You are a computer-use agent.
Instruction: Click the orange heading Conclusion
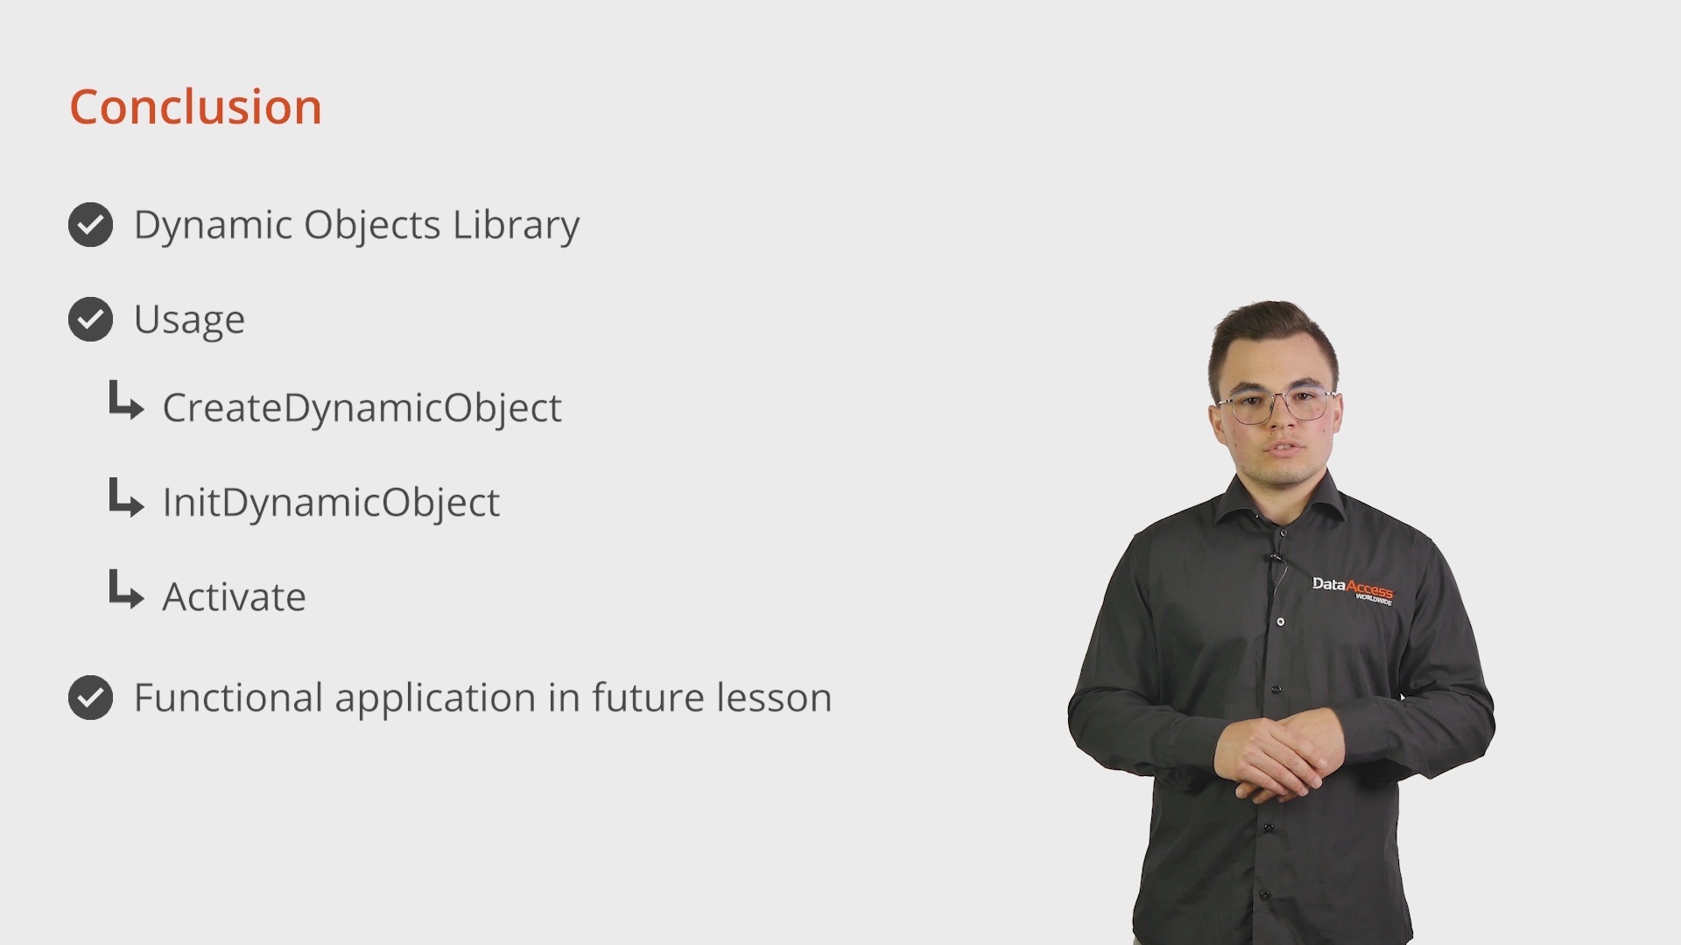point(195,108)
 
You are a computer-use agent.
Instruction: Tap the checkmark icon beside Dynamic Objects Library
point(90,225)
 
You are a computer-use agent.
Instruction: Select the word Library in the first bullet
point(516,226)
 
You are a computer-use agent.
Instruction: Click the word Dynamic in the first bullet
point(213,226)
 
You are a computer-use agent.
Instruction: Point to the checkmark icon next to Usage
point(90,320)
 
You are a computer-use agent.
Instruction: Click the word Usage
point(189,321)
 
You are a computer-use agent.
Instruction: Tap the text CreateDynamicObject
point(362,408)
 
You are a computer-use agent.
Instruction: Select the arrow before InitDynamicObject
point(126,497)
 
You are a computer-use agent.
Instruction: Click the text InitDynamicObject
point(331,503)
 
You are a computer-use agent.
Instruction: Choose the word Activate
point(235,597)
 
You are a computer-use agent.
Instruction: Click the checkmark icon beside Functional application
point(90,698)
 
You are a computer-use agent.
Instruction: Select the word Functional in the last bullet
point(229,698)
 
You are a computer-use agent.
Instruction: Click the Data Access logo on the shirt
point(1352,589)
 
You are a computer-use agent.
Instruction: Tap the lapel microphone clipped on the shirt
point(1275,557)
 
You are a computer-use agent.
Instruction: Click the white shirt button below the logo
point(1281,622)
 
